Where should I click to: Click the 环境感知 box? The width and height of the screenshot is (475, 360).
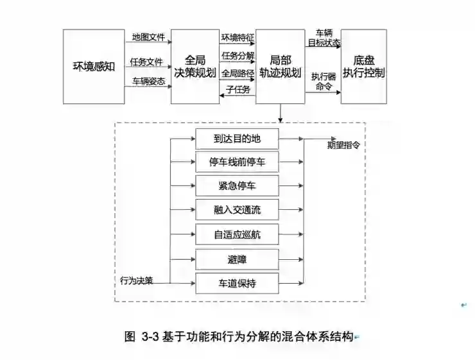pyautogui.click(x=94, y=66)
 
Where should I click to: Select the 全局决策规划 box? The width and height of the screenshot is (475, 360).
pyautogui.click(x=194, y=66)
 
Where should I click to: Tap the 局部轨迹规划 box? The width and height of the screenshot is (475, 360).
pyautogui.click(x=280, y=66)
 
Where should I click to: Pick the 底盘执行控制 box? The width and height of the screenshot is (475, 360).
pyautogui.click(x=363, y=66)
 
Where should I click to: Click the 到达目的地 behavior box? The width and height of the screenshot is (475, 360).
pyautogui.click(x=237, y=137)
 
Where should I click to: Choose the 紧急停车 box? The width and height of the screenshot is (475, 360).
pyautogui.click(x=237, y=185)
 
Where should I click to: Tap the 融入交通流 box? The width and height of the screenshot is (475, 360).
pyautogui.click(x=237, y=209)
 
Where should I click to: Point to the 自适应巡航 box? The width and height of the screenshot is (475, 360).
pyautogui.click(x=237, y=234)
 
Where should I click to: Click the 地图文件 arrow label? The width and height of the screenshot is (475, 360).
pyautogui.click(x=147, y=37)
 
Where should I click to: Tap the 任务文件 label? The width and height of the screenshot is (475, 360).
pyautogui.click(x=146, y=62)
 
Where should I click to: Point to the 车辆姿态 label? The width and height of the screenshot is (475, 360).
pyautogui.click(x=147, y=81)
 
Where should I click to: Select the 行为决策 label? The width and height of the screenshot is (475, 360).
pyautogui.click(x=136, y=280)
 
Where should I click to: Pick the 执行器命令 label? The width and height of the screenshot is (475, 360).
pyautogui.click(x=322, y=81)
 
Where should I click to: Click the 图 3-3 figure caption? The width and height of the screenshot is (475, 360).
pyautogui.click(x=238, y=336)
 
